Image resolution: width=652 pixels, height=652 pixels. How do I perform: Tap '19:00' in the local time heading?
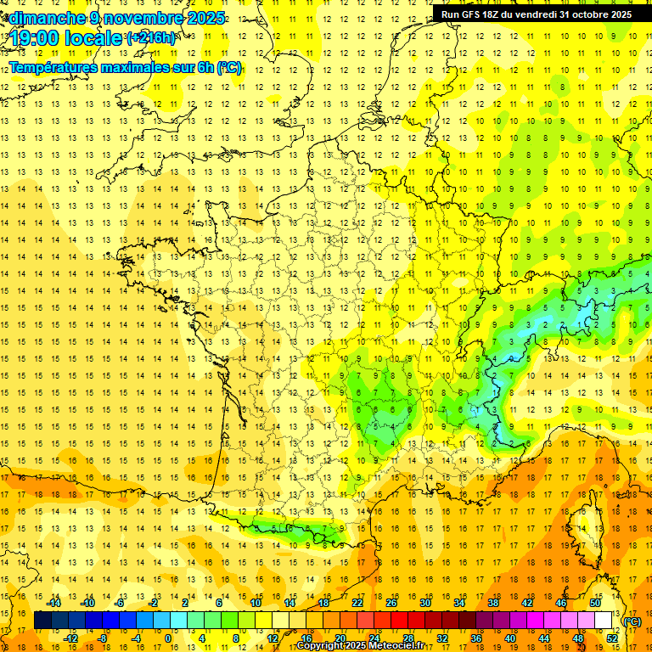(x=33, y=38)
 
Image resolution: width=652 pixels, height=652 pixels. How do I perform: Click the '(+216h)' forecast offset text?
(x=150, y=38)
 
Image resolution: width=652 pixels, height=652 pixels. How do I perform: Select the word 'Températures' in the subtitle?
(x=53, y=68)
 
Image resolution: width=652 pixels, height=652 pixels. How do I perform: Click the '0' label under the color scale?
(x=167, y=638)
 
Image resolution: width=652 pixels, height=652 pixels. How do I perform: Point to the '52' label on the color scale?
(x=611, y=638)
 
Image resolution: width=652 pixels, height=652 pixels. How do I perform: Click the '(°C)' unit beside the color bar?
(x=632, y=621)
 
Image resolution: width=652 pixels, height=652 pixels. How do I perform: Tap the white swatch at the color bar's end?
(x=604, y=621)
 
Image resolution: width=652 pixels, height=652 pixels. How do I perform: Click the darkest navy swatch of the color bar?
(x=43, y=621)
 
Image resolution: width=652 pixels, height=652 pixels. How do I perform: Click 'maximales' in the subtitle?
(x=132, y=68)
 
